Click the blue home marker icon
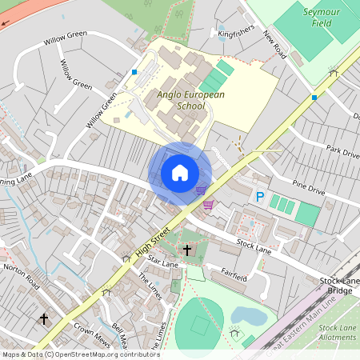[179, 173]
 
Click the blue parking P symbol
[259, 196]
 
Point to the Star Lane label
[162, 262]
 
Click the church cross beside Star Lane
[187, 250]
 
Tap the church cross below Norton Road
[44, 319]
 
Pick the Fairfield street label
[237, 272]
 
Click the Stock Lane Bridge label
[339, 286]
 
